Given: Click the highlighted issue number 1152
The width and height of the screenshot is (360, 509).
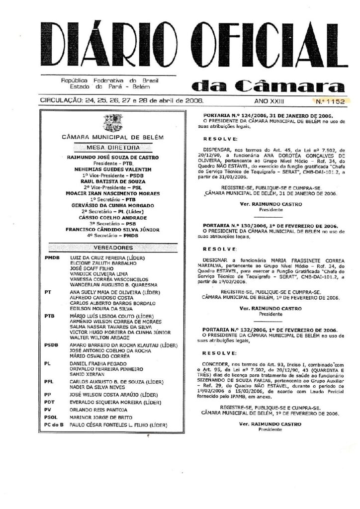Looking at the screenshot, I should [330, 101].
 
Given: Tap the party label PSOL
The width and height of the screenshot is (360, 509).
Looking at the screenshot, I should [52, 417].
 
